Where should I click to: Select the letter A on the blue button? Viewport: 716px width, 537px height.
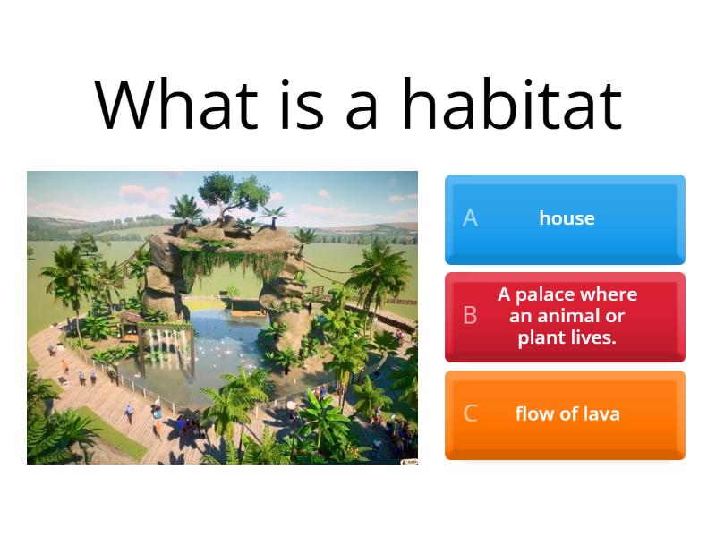[x=470, y=218]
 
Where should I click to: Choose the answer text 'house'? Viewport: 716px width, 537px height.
[x=567, y=218]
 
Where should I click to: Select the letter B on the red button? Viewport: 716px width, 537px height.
[x=470, y=316]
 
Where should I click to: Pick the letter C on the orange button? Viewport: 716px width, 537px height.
[x=470, y=413]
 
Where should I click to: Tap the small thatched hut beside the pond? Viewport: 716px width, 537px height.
[x=132, y=322]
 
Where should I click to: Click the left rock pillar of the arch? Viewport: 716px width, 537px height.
[x=169, y=277]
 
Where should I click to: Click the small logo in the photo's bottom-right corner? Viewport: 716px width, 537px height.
[x=408, y=460]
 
